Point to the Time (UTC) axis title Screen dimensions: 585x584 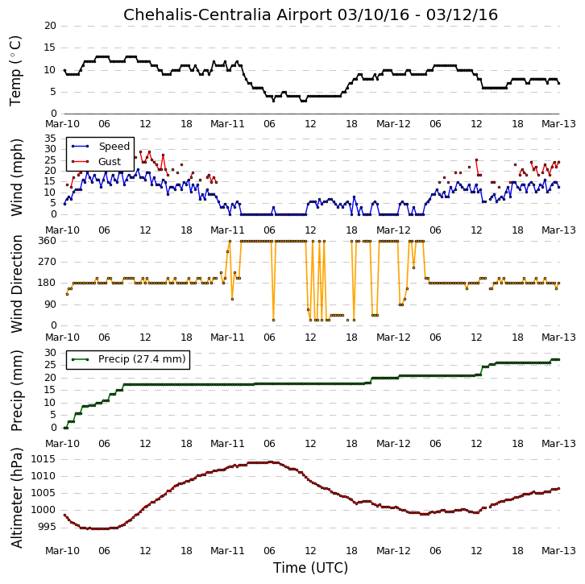coord(310,568)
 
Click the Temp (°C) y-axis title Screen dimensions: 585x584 coord(15,71)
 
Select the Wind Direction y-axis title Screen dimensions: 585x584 coord(16,284)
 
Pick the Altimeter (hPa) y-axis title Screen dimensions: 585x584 coord(16,498)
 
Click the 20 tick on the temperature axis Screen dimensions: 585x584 coord(50,26)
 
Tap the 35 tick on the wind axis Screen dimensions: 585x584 coord(50,139)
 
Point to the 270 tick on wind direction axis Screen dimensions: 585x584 coord(47,262)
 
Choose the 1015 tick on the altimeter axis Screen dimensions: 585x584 coord(44,459)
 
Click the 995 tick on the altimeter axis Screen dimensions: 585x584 coord(47,527)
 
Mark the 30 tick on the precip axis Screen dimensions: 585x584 coord(50,353)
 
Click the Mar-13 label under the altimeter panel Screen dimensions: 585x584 coord(558,551)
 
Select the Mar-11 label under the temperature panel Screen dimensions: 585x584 coord(227,124)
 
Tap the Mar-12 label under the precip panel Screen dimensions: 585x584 coord(393,443)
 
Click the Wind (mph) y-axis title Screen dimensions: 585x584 coord(16,177)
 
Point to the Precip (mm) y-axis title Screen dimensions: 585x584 coord(16,391)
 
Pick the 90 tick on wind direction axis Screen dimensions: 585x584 coord(50,304)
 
